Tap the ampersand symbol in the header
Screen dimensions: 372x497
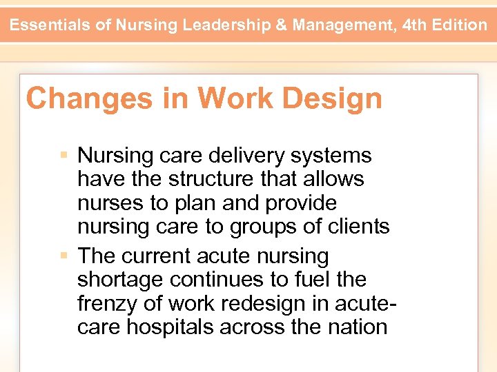click(282, 25)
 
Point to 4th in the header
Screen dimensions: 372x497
click(414, 25)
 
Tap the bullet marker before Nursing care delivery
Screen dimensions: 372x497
click(64, 156)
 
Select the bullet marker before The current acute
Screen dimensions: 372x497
click(64, 256)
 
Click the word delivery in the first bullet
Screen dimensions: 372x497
click(244, 156)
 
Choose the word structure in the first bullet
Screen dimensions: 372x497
click(204, 179)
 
